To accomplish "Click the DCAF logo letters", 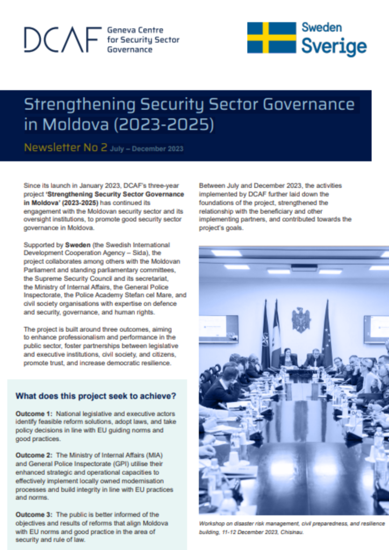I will pyautogui.click(x=62, y=39).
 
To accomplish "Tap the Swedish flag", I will pyautogui.click(x=271, y=38).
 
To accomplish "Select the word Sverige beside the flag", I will pyautogui.click(x=334, y=47).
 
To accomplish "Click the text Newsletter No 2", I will pyautogui.click(x=65, y=148).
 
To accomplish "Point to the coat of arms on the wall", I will pyautogui.click(x=301, y=320).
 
